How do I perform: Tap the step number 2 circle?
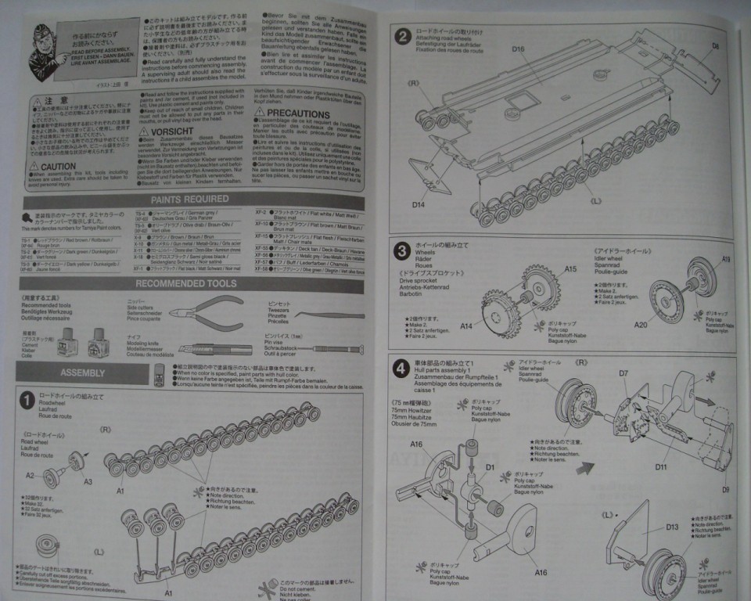[402, 36]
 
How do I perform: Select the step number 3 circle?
[401, 251]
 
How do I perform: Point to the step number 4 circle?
[401, 365]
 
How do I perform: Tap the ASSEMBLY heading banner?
[84, 372]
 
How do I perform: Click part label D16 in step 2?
[518, 50]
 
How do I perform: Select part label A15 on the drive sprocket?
[570, 268]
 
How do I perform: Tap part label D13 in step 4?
[672, 527]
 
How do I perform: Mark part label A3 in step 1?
[88, 481]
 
